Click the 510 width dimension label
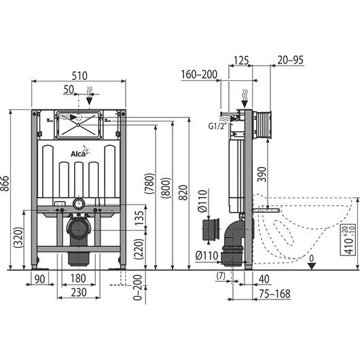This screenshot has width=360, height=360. [x=79, y=76]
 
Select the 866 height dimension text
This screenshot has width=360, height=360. [x=5, y=183]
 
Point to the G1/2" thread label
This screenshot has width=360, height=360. [x=217, y=126]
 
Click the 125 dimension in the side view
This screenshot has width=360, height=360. [x=241, y=60]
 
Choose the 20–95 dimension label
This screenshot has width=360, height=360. [x=291, y=60]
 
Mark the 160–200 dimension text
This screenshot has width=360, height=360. [x=199, y=75]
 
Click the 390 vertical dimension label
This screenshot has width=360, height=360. [x=262, y=175]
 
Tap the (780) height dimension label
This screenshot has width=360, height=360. [x=149, y=183]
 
